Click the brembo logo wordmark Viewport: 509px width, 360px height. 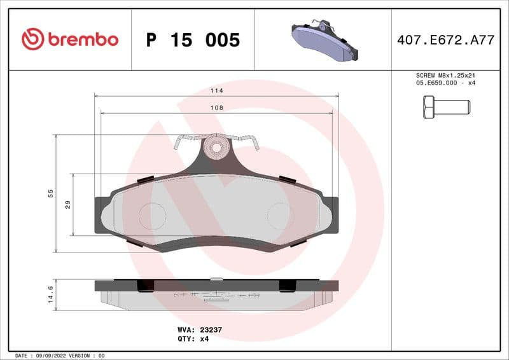point(82,39)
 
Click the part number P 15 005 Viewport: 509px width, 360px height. point(193,40)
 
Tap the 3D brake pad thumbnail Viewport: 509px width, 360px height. point(324,40)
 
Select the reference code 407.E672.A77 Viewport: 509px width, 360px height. point(445,40)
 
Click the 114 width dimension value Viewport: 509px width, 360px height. point(217,91)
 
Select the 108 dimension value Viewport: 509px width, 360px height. point(217,109)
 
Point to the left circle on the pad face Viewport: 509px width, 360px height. point(152,216)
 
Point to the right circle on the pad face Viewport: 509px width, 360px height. point(280,216)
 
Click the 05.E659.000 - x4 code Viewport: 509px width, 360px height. point(445,83)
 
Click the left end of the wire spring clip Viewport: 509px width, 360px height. point(176,144)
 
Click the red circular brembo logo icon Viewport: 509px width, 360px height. point(32,39)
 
